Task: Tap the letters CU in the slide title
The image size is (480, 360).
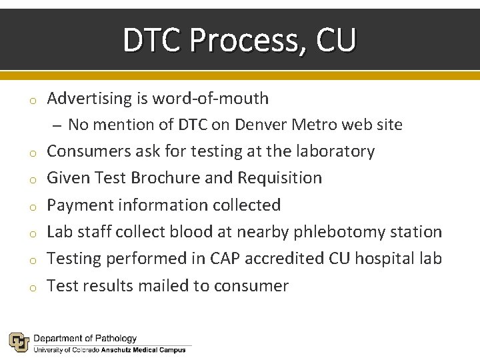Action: coord(336,41)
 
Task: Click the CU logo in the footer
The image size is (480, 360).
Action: coord(18,342)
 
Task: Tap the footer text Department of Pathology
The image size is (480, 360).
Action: coord(85,339)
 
